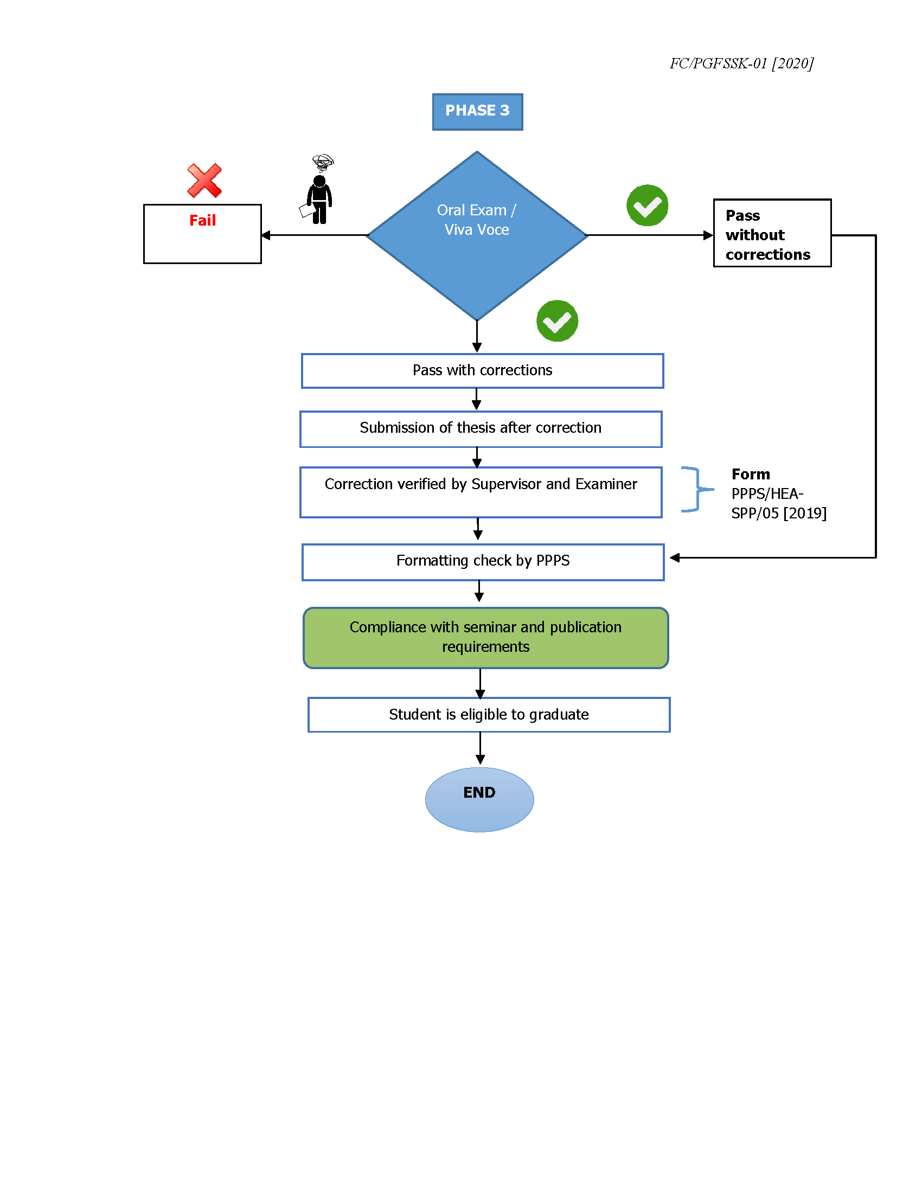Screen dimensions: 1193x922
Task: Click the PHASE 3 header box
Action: click(x=477, y=111)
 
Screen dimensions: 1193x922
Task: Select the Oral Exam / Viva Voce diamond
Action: click(x=477, y=235)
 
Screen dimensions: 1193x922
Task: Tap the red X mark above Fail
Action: click(x=204, y=180)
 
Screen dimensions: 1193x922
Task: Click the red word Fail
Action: click(x=202, y=220)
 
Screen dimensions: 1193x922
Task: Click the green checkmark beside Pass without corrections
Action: click(x=646, y=206)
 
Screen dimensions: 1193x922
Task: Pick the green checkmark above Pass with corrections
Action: click(x=556, y=320)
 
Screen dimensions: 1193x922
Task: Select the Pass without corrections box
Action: click(x=772, y=233)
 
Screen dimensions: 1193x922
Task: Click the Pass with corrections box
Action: click(x=482, y=371)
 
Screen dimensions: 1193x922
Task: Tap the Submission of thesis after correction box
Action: click(x=481, y=429)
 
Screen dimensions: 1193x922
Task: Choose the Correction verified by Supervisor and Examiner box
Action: click(x=481, y=492)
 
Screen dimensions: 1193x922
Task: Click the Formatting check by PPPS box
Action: click(x=483, y=562)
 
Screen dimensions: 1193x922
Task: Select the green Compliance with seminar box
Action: click(x=485, y=638)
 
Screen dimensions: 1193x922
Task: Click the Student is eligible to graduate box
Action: click(x=488, y=715)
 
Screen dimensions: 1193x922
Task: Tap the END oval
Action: click(x=479, y=799)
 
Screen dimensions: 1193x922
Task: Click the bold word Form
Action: click(x=751, y=474)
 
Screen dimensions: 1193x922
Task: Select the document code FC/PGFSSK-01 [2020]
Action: click(x=741, y=63)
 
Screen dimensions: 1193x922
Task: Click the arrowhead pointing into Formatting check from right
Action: click(x=675, y=557)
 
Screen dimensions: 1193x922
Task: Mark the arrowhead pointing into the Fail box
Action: click(x=266, y=235)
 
